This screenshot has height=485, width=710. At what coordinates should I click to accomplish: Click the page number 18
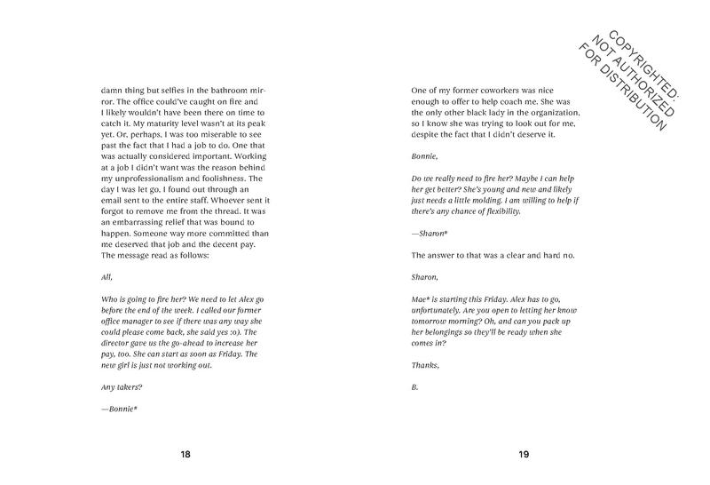pyautogui.click(x=185, y=455)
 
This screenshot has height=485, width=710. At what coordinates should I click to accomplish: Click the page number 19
pyautogui.click(x=524, y=455)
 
